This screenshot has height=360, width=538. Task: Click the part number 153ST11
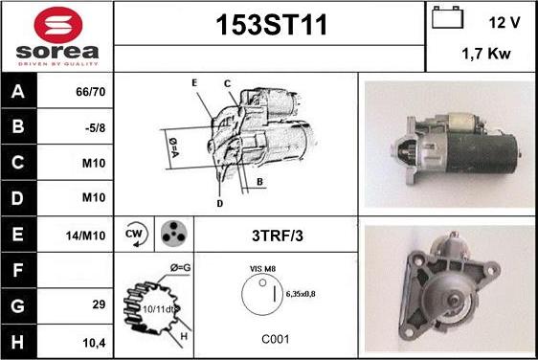(x=271, y=25)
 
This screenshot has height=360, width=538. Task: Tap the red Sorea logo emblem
(x=58, y=25)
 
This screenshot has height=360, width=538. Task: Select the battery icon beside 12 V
(x=447, y=17)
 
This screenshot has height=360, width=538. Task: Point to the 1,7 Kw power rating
(x=486, y=54)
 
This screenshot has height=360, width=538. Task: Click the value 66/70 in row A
(x=91, y=92)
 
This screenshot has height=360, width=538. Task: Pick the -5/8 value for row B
(x=95, y=128)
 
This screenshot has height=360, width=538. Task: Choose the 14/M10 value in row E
(x=85, y=236)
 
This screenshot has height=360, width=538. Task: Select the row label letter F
(x=18, y=270)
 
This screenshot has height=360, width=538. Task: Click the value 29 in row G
(x=99, y=304)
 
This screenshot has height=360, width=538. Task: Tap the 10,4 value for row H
(x=94, y=343)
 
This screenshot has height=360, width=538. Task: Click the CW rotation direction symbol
(x=136, y=235)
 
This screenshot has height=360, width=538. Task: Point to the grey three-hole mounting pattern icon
(x=174, y=234)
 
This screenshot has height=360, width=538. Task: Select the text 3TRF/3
(x=278, y=236)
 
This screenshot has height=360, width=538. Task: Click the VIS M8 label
(x=262, y=269)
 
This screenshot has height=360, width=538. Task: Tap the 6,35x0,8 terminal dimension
(x=301, y=294)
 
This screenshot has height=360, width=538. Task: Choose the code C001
(x=275, y=339)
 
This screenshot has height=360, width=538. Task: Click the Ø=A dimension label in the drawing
(x=174, y=147)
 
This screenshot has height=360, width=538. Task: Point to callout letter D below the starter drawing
(x=220, y=204)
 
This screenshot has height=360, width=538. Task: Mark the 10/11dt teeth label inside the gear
(x=160, y=309)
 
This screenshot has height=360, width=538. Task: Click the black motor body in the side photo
(x=482, y=153)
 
